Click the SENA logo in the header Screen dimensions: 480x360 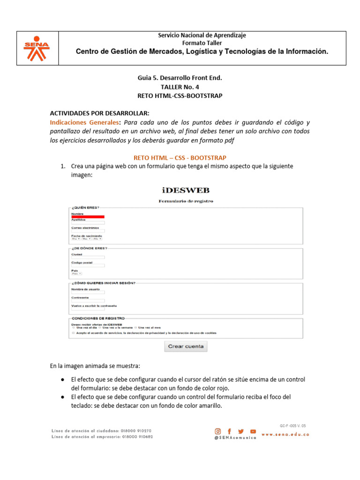click(x=37, y=48)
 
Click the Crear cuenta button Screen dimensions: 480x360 click(x=186, y=346)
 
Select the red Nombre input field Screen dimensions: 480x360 click(x=88, y=217)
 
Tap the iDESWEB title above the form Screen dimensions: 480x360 click(x=186, y=190)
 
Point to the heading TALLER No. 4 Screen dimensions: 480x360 click(x=180, y=87)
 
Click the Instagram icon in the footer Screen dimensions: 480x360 click(x=218, y=431)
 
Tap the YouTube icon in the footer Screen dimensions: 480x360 click(x=253, y=431)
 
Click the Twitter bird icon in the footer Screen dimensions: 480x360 click(x=241, y=431)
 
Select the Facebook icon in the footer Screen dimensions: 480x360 click(x=230, y=431)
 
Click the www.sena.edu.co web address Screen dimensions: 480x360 click(x=285, y=435)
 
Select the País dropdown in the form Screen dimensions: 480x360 click(x=76, y=273)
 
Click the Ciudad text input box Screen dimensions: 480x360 click(x=88, y=257)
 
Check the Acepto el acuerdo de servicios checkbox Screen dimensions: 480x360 click(x=73, y=333)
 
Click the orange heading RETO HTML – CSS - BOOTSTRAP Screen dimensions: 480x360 click(x=180, y=158)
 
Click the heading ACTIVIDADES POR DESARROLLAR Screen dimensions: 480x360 click(x=99, y=113)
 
